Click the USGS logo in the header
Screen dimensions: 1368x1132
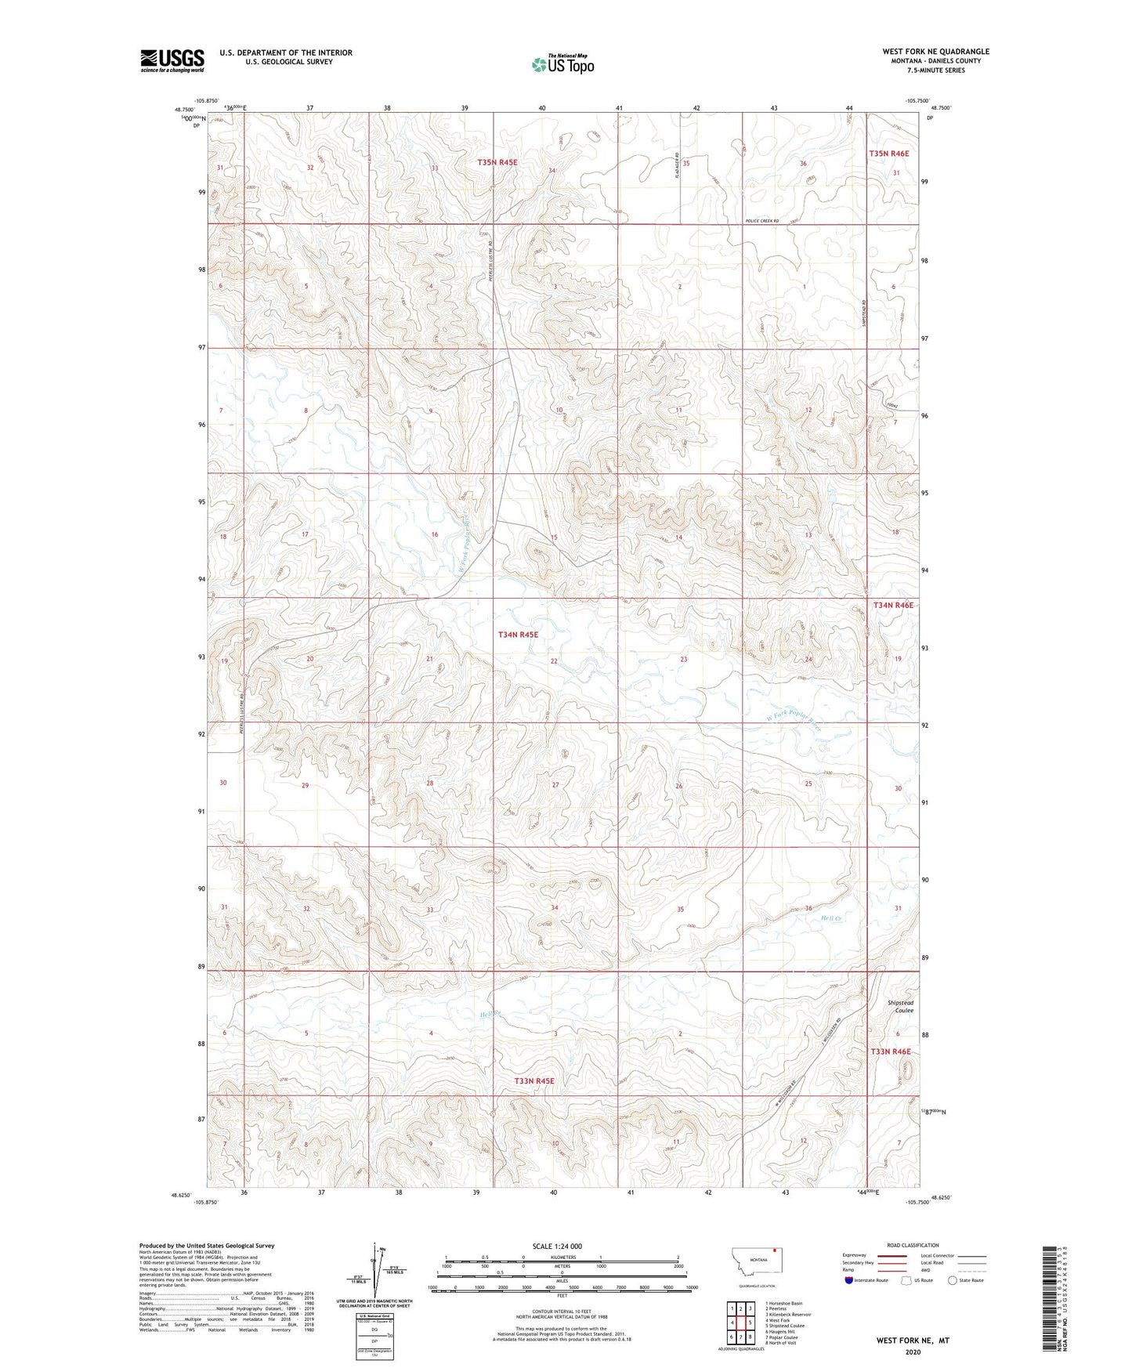pyautogui.click(x=172, y=60)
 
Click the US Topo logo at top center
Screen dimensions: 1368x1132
pyautogui.click(x=562, y=64)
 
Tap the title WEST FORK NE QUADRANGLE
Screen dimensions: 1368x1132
pyautogui.click(x=935, y=52)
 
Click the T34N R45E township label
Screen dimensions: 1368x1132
pyautogui.click(x=518, y=635)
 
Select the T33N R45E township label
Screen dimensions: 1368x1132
pyautogui.click(x=534, y=1080)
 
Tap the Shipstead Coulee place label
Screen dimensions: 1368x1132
pyautogui.click(x=900, y=1007)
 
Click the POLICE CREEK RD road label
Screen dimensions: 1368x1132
pyautogui.click(x=761, y=221)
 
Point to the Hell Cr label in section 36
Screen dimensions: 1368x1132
pyautogui.click(x=830, y=917)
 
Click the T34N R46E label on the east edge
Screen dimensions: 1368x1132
pyautogui.click(x=893, y=605)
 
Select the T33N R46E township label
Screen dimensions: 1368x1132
pyautogui.click(x=891, y=1051)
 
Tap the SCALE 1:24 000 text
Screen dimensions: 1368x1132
pyautogui.click(x=557, y=1246)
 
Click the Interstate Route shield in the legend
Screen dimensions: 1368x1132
pyautogui.click(x=851, y=1280)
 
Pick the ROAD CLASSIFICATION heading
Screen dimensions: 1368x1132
pyautogui.click(x=913, y=1245)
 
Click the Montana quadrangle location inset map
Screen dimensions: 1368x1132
pyautogui.click(x=756, y=1263)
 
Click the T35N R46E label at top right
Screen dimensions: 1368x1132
pyautogui.click(x=889, y=154)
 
